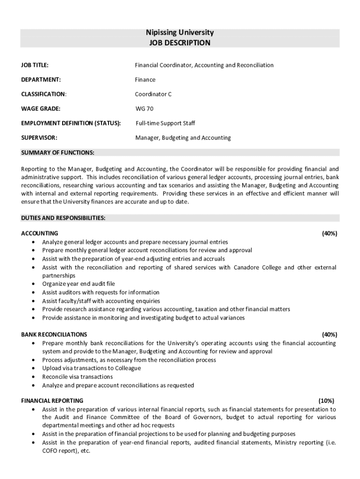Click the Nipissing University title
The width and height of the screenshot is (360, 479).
pos(180,33)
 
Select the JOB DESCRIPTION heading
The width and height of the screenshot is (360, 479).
pos(180,43)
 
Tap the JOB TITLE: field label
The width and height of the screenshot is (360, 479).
pos(35,65)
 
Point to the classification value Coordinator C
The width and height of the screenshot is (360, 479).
pos(153,94)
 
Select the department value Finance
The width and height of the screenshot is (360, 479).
pos(145,80)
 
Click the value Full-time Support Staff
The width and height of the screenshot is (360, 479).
pos(166,123)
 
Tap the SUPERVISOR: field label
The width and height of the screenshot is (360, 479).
pos(39,138)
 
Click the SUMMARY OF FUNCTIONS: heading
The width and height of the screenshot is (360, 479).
pos(58,152)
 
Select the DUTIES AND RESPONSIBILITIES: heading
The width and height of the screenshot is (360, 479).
pos(63,218)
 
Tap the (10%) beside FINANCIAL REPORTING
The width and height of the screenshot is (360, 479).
pos(326,401)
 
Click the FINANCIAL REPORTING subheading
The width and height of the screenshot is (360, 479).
pos(52,401)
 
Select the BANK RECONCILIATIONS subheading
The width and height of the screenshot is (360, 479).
pos(54,334)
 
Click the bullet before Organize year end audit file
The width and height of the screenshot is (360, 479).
pos(33,284)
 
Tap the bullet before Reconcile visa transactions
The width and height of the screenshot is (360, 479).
pos(33,377)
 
